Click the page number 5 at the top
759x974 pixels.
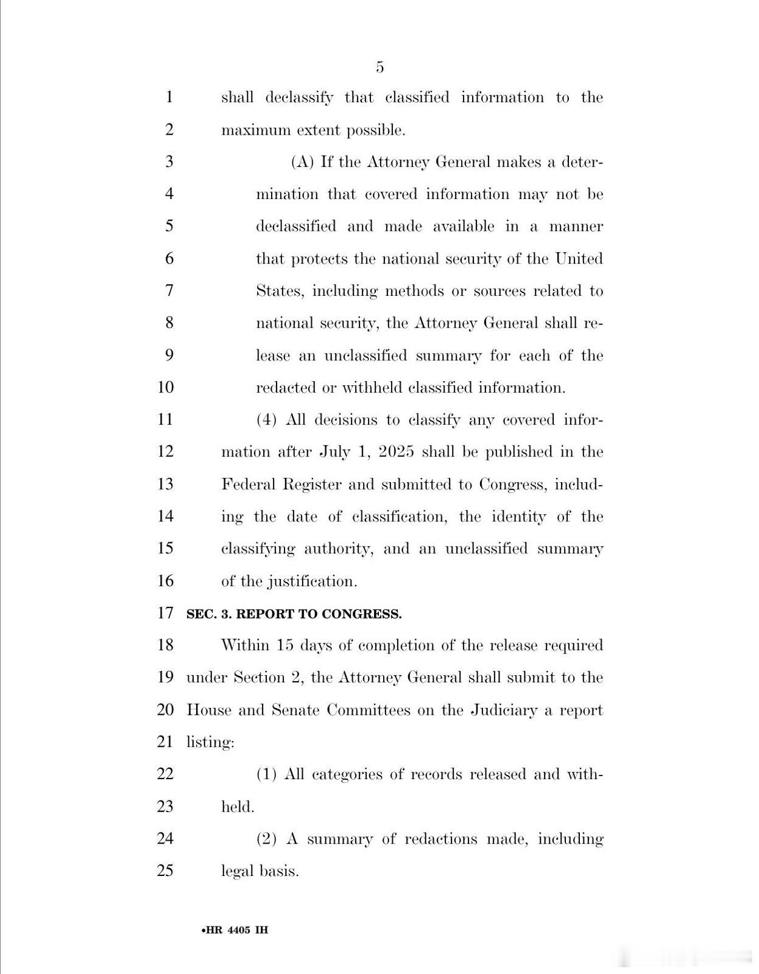[379, 67]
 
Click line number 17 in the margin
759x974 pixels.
[166, 612]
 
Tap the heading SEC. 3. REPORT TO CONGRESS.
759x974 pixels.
[294, 614]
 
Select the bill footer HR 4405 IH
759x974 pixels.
[235, 930]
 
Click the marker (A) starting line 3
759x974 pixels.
[302, 162]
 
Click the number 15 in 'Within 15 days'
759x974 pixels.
[285, 645]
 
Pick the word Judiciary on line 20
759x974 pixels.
[504, 710]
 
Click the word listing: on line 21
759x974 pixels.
[210, 743]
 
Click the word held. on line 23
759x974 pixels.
[238, 807]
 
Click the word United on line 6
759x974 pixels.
[579, 259]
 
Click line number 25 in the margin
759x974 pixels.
[166, 871]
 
